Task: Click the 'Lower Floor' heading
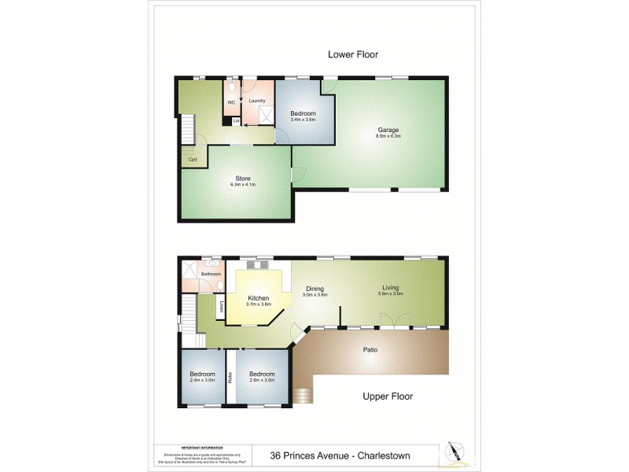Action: pyautogui.click(x=353, y=54)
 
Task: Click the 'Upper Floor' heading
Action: pyautogui.click(x=388, y=396)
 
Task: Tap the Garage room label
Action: pyautogui.click(x=388, y=131)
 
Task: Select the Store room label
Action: pyautogui.click(x=243, y=179)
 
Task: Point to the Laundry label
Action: pyautogui.click(x=257, y=101)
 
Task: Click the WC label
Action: pyautogui.click(x=232, y=102)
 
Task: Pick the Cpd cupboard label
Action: pyautogui.click(x=192, y=160)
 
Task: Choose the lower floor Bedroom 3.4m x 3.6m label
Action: pyautogui.click(x=303, y=115)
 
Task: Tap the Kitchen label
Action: pyautogui.click(x=259, y=299)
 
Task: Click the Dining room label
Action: pyautogui.click(x=315, y=289)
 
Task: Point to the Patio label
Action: pyautogui.click(x=371, y=349)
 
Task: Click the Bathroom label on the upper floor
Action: pyautogui.click(x=211, y=274)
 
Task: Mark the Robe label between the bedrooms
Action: pyautogui.click(x=230, y=377)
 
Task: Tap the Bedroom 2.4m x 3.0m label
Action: pyautogui.click(x=202, y=376)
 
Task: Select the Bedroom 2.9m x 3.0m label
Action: pyautogui.click(x=262, y=376)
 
